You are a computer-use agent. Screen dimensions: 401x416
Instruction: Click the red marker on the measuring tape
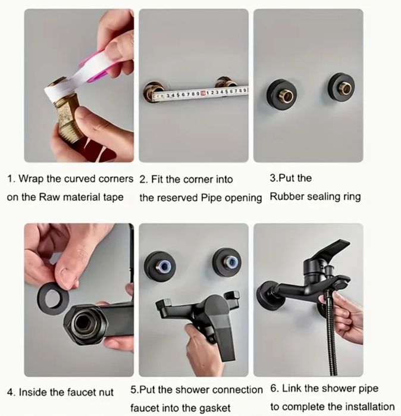(x=203, y=93)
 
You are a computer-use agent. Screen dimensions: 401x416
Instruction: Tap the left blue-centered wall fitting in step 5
(x=161, y=266)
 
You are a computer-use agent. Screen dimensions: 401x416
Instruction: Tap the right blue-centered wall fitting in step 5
(x=227, y=262)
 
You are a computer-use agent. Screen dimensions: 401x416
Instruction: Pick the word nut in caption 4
(x=106, y=392)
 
